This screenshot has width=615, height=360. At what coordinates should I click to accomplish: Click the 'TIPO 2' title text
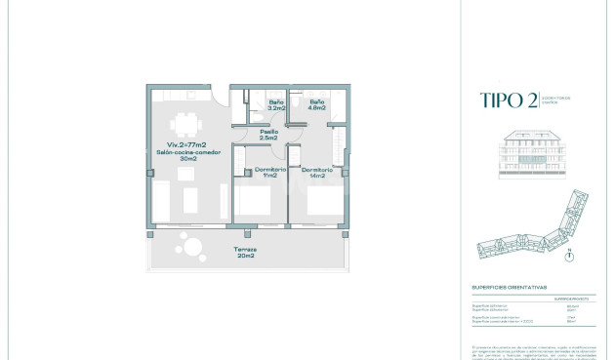[508, 100]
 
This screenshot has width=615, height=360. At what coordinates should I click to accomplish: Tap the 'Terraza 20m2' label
[244, 254]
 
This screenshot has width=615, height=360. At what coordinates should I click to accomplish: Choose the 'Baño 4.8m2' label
[317, 104]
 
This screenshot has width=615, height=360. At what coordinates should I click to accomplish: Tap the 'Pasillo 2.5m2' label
[268, 135]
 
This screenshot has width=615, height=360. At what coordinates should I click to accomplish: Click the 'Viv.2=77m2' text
[182, 144]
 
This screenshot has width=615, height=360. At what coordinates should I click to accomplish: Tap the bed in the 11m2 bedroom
[257, 205]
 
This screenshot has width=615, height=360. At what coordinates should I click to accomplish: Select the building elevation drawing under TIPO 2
[533, 153]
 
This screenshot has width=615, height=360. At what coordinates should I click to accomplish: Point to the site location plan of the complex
[533, 230]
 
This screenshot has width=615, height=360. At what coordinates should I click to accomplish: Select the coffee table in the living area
[188, 202]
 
